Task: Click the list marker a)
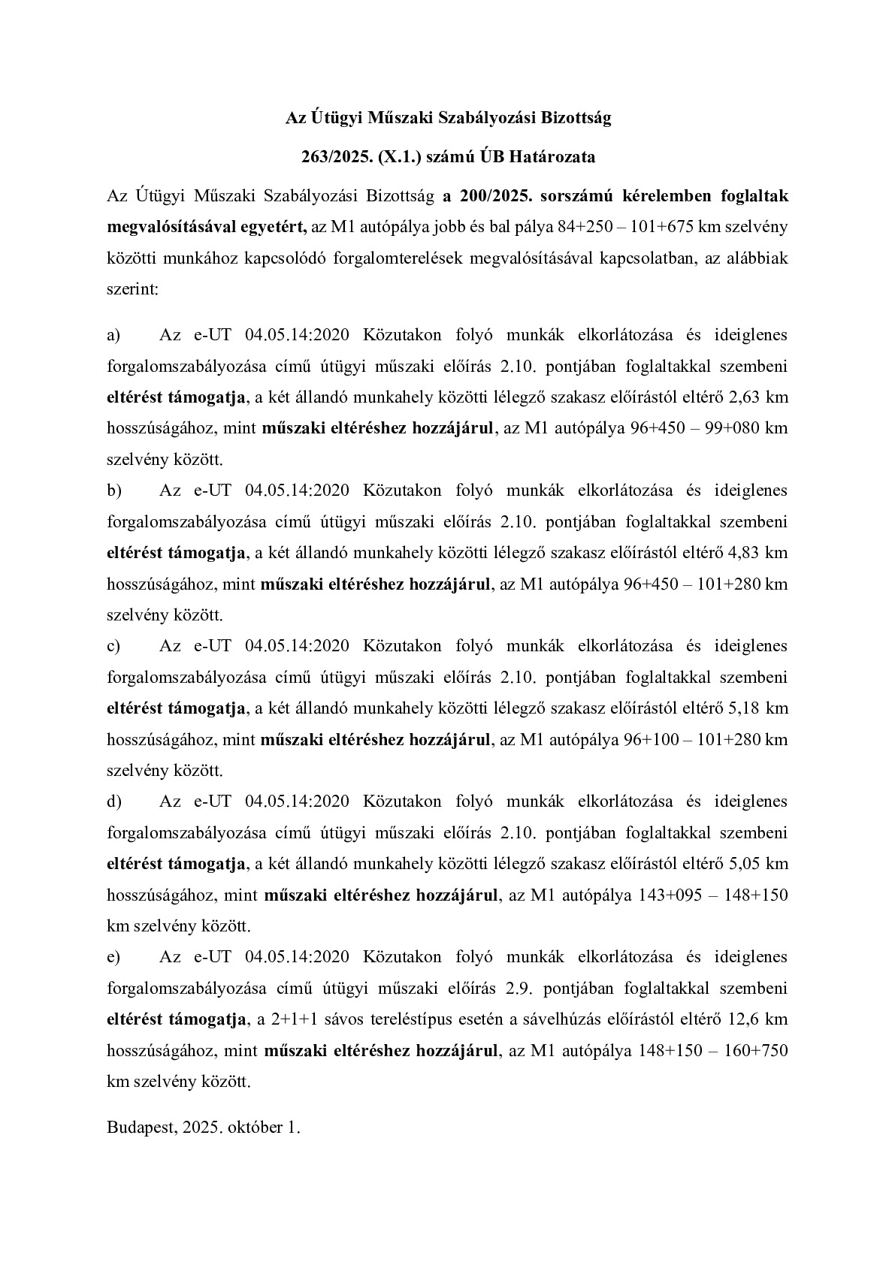pos(113,335)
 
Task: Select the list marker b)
pos(114,491)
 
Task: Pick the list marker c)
pos(113,646)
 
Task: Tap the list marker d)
pos(114,802)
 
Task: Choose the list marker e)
pos(113,957)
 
